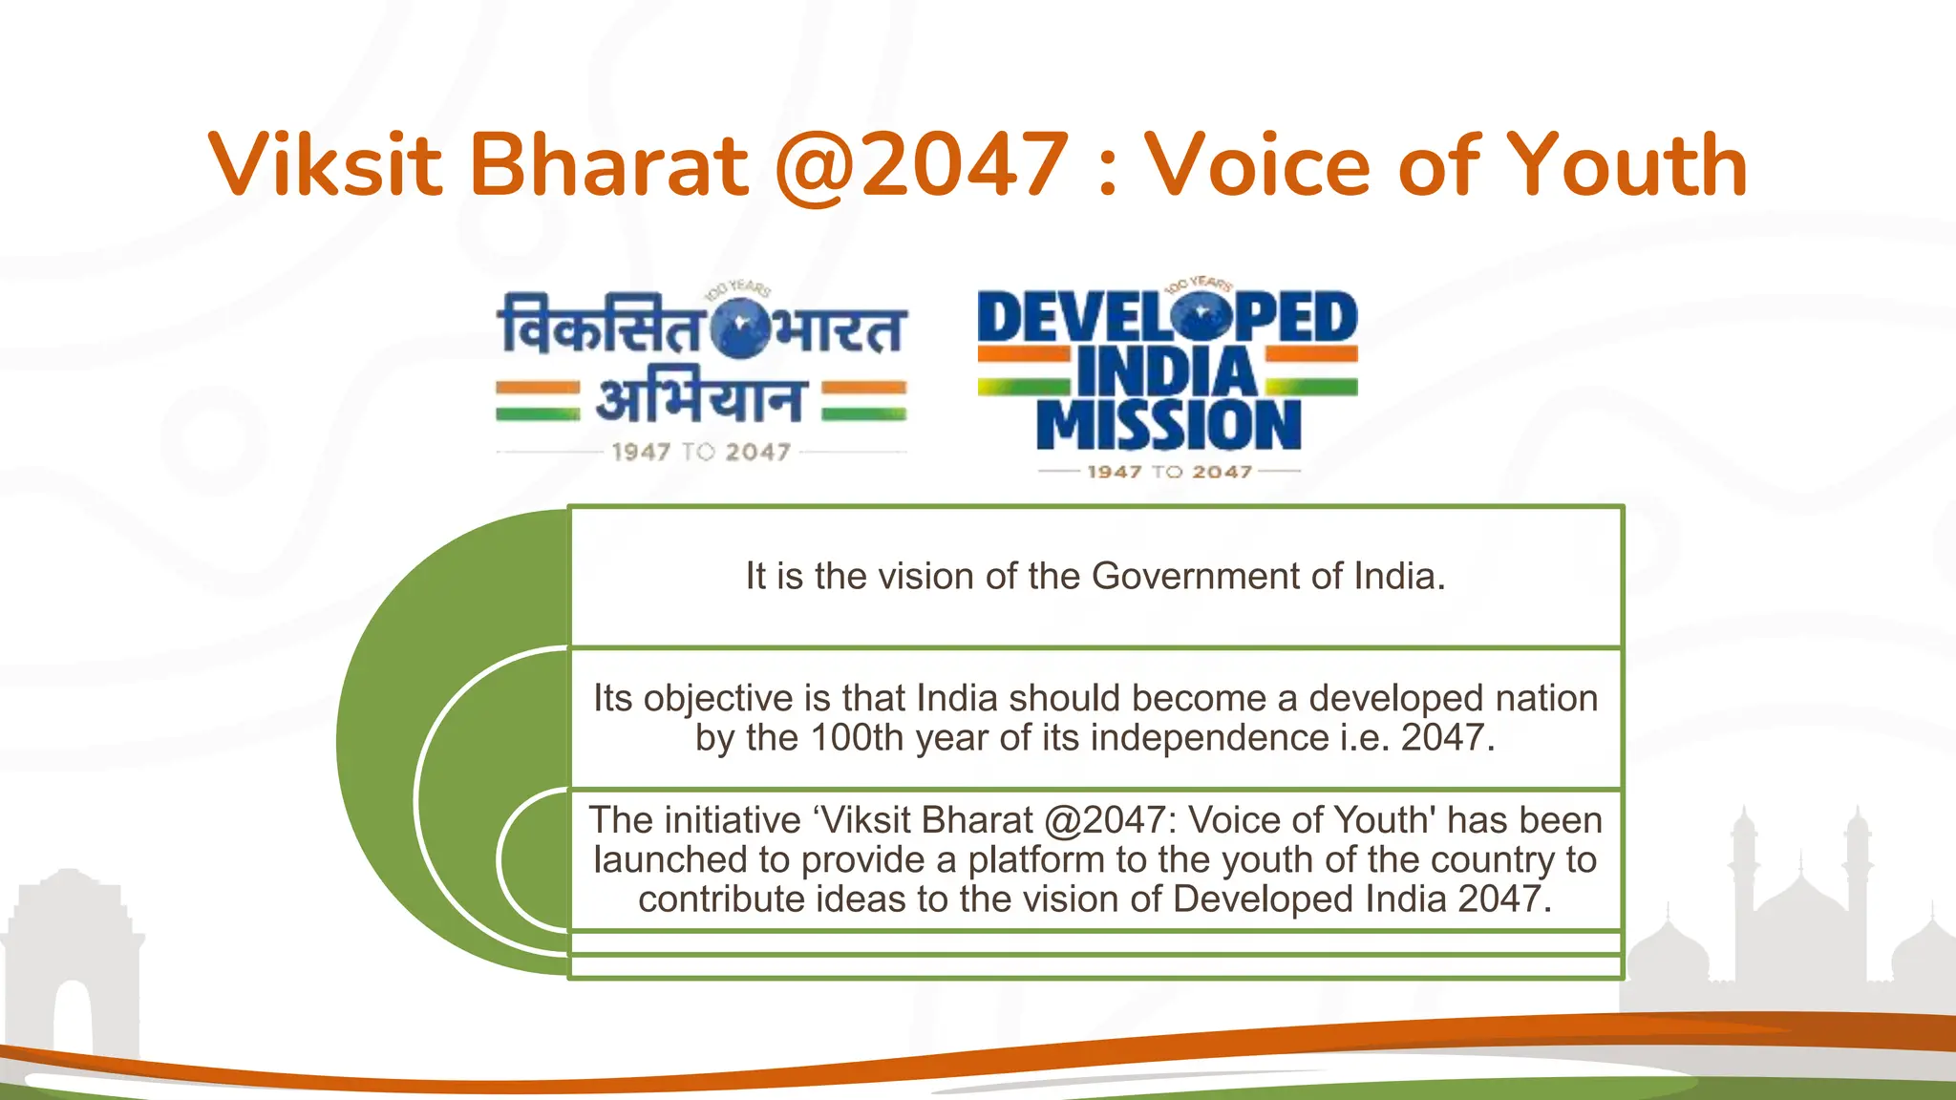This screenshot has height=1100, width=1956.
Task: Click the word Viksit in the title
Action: pos(326,164)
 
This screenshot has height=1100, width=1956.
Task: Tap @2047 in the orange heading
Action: pos(921,166)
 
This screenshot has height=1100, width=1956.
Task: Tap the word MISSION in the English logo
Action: pos(1169,425)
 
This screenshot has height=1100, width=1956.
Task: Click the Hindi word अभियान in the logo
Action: pos(700,399)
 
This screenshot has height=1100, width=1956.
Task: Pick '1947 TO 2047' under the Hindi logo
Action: pos(701,452)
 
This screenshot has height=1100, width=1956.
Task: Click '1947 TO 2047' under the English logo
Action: pos(1169,472)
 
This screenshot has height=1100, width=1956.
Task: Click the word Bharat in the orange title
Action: pos(608,164)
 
